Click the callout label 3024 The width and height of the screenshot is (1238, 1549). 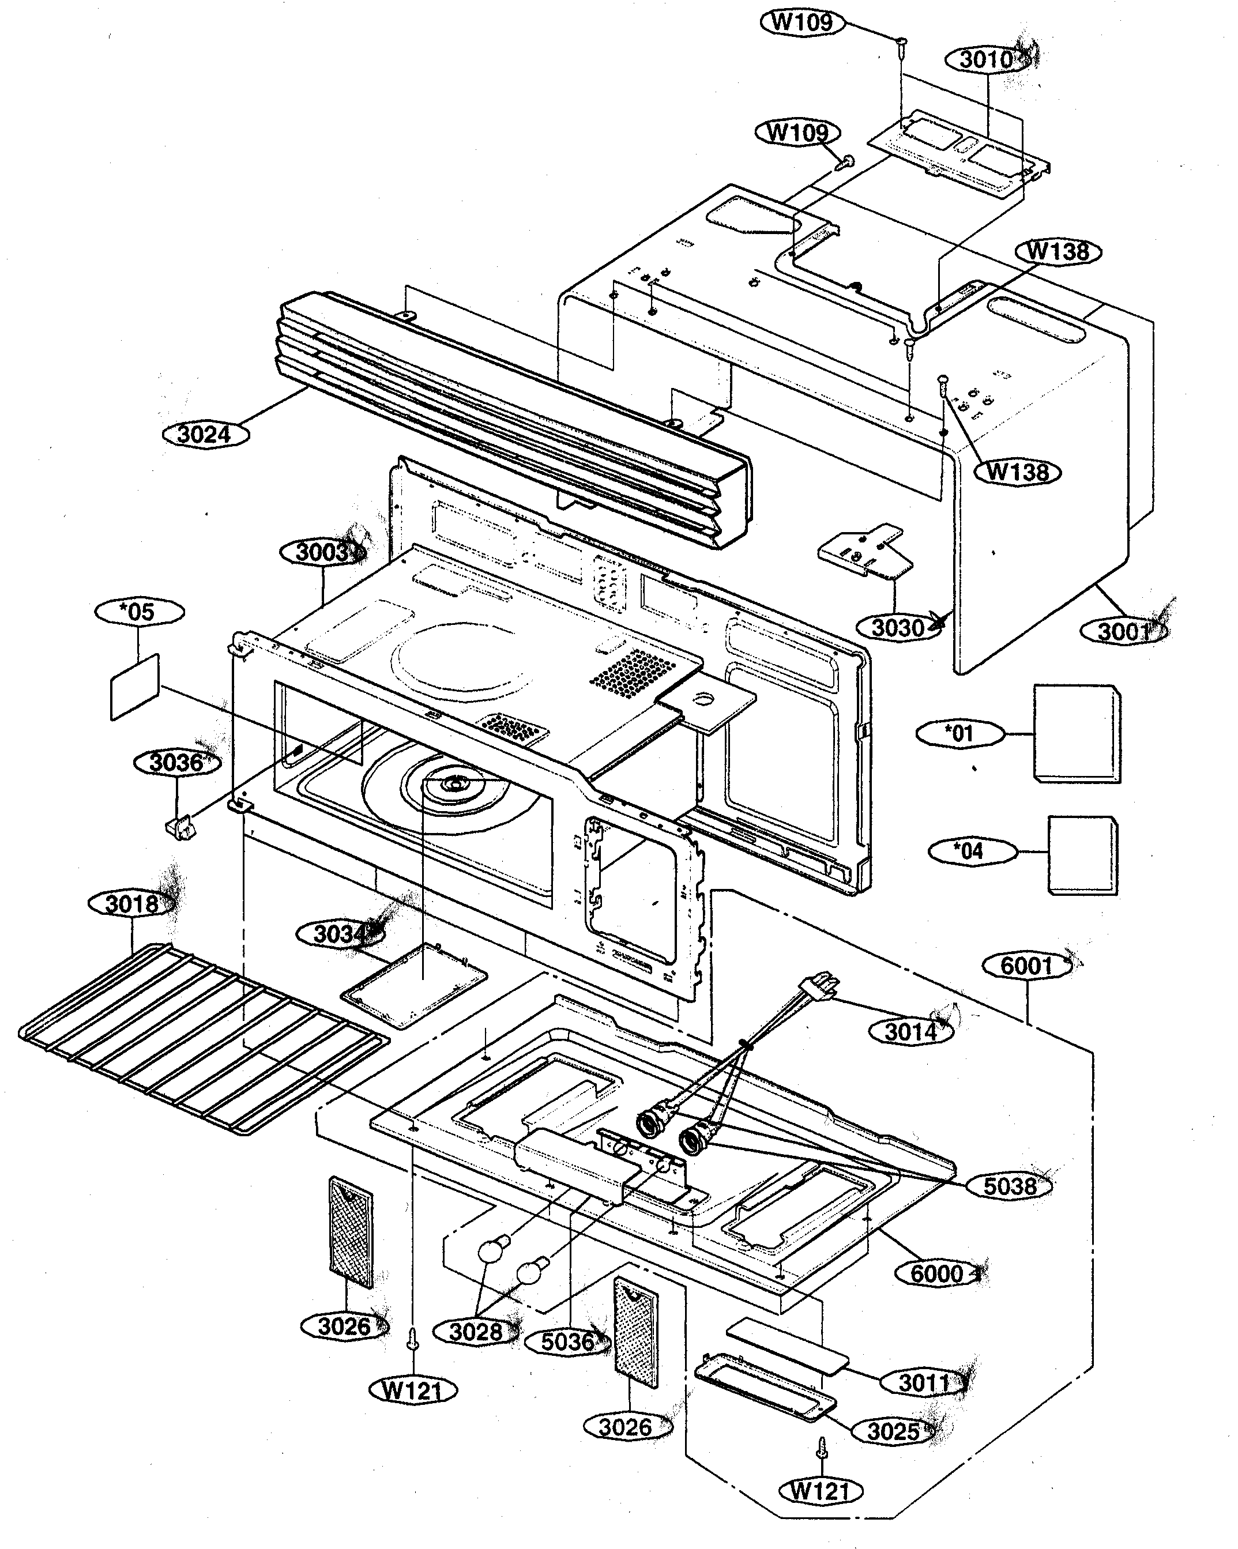[x=205, y=435]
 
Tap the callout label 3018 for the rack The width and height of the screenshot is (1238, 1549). [x=131, y=904]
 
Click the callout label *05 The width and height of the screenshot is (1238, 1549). [x=138, y=612]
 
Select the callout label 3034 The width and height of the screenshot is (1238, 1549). [x=340, y=934]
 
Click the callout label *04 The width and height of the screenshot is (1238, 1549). [x=972, y=851]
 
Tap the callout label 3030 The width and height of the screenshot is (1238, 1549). [x=898, y=628]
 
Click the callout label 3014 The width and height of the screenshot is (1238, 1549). [x=911, y=1032]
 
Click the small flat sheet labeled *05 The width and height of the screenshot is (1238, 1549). [x=135, y=686]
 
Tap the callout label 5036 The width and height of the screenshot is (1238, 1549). [x=567, y=1341]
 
